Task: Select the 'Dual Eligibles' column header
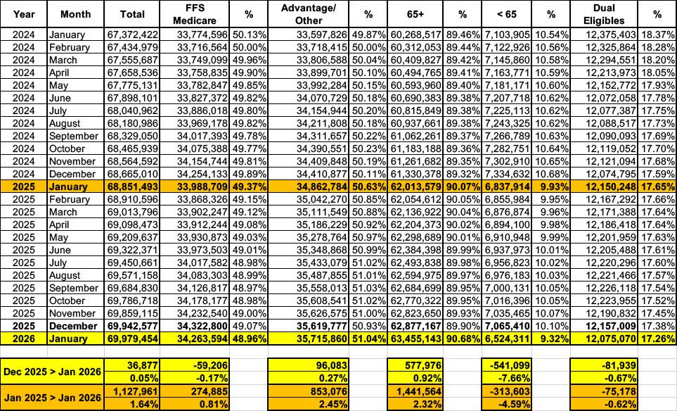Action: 604,14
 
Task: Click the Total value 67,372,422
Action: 131,34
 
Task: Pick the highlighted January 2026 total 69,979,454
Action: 131,339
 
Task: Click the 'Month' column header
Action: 75,14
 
